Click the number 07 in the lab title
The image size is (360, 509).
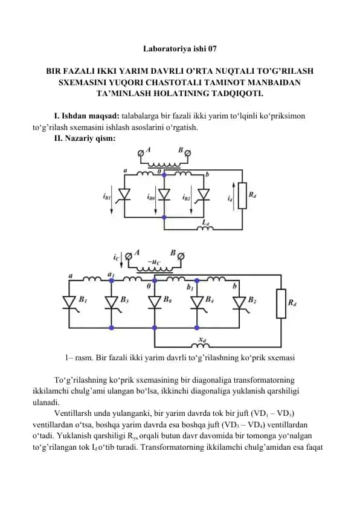[213, 49]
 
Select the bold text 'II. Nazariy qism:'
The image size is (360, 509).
[85, 138]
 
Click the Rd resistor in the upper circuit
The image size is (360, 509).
[242, 195]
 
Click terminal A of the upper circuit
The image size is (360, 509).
[140, 152]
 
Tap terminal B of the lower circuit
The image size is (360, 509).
[181, 256]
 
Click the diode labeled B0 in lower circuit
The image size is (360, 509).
[155, 302]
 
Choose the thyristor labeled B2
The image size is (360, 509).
[240, 303]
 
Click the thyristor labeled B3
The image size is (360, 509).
[112, 303]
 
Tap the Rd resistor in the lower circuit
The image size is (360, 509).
[281, 303]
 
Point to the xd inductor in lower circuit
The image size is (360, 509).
[201, 345]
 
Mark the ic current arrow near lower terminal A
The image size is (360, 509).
[121, 260]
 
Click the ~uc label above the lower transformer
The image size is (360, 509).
[154, 262]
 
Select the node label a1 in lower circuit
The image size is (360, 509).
[111, 274]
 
